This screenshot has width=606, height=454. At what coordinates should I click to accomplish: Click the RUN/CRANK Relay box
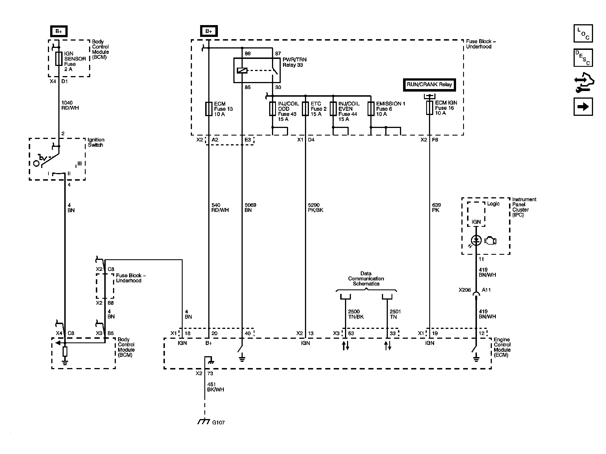click(x=429, y=85)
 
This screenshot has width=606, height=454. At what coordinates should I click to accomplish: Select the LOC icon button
click(x=583, y=33)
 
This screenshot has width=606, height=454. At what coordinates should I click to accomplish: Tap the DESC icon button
click(x=583, y=57)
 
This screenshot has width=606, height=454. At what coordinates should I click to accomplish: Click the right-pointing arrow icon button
click(x=583, y=107)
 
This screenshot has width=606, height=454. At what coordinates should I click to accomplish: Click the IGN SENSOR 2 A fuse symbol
click(x=59, y=59)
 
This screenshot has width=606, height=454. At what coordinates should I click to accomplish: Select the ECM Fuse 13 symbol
click(x=209, y=109)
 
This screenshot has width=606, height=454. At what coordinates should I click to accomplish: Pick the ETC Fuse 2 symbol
click(x=305, y=109)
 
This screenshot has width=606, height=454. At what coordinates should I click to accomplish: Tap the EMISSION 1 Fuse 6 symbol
click(x=371, y=109)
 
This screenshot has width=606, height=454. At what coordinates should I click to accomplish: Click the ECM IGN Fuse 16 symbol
click(x=429, y=108)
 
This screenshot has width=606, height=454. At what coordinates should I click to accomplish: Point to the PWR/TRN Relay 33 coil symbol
click(x=242, y=70)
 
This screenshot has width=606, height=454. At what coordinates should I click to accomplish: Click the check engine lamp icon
click(x=490, y=241)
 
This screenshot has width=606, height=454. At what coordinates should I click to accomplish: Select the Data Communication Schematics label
click(x=366, y=278)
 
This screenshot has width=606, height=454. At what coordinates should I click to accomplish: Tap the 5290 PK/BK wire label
click(x=316, y=208)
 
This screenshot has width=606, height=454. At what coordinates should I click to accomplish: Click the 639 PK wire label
click(x=436, y=208)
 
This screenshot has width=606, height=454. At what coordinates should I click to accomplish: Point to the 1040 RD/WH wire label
click(x=70, y=105)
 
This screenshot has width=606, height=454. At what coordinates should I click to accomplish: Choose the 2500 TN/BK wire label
click(x=356, y=314)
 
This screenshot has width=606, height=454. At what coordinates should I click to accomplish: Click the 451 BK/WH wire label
click(x=216, y=387)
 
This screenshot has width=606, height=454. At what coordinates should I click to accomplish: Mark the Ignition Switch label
click(x=96, y=142)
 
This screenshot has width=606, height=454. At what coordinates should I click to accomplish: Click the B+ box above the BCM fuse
click(x=59, y=31)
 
